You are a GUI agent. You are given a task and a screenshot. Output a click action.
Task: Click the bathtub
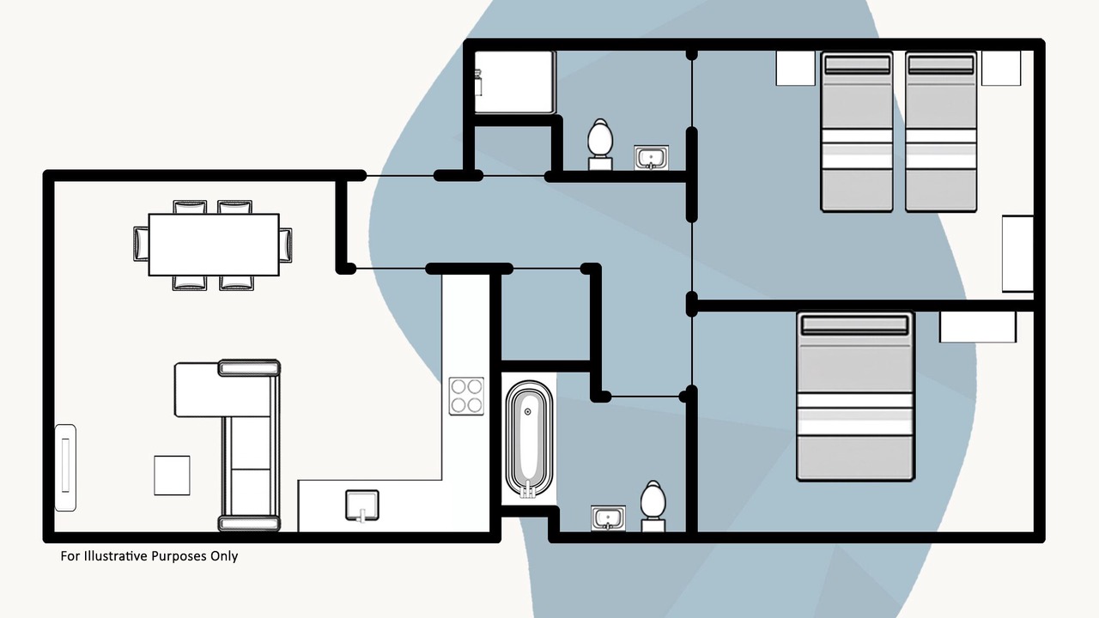[529, 439]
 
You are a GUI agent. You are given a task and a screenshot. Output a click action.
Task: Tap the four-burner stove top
[466, 396]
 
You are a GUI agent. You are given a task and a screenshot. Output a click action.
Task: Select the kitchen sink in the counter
[362, 506]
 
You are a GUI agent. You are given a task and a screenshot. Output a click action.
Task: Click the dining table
[214, 245]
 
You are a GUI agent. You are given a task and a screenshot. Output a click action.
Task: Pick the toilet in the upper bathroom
[600, 144]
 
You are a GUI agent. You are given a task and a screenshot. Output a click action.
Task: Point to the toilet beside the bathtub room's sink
[653, 506]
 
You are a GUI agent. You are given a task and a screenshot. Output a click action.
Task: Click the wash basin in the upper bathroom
[651, 157]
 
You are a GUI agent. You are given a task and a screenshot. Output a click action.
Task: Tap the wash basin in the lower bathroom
[608, 518]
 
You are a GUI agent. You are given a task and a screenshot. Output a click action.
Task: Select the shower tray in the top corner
[514, 82]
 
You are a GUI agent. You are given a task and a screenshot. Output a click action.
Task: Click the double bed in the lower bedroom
[855, 397]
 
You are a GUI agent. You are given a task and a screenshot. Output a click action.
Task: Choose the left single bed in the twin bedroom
[857, 132]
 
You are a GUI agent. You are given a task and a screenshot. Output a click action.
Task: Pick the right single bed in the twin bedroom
[940, 132]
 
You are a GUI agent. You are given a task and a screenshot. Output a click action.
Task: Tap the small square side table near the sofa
[172, 476]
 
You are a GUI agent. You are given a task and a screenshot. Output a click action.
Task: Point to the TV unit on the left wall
[65, 468]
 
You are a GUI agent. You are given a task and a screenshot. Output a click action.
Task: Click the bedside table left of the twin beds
[795, 68]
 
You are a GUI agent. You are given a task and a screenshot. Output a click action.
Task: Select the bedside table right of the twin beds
[1001, 68]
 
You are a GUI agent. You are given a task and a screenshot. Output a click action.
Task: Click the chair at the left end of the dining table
[141, 244]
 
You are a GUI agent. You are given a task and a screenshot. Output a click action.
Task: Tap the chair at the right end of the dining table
[286, 245]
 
